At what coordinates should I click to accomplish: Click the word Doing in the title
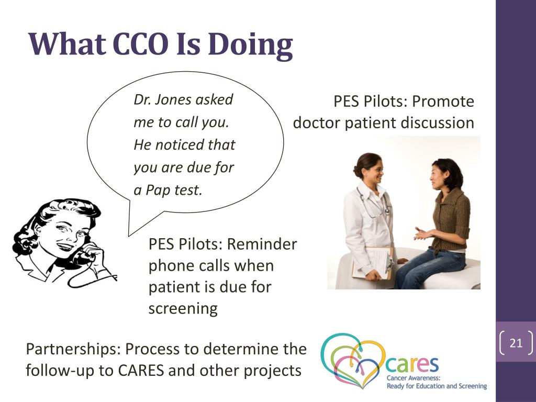(x=250, y=45)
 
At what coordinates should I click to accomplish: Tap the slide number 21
(x=516, y=342)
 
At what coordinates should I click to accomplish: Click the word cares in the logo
(x=411, y=365)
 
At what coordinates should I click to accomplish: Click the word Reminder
(x=262, y=244)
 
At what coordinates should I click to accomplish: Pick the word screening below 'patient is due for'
(x=183, y=309)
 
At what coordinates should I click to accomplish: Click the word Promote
(x=443, y=101)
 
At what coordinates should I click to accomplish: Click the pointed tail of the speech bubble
(x=129, y=236)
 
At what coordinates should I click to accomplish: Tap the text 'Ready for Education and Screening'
(x=437, y=386)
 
